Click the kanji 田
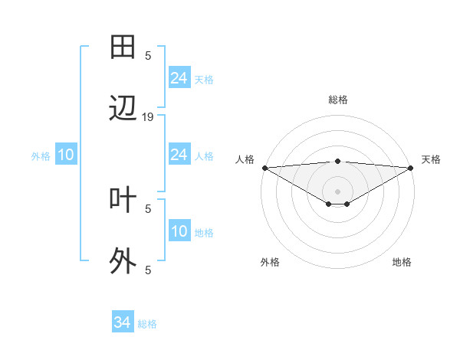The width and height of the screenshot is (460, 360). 123,47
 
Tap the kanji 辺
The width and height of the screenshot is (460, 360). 123,108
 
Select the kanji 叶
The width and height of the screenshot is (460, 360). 123,199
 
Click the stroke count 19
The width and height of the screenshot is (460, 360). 148,117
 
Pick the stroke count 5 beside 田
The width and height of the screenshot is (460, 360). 148,55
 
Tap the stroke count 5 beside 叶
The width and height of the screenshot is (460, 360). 148,208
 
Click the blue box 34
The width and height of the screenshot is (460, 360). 122,323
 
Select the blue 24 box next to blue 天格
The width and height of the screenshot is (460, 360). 179,78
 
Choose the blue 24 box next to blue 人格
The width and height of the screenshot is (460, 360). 179,155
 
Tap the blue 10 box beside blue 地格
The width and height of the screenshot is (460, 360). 179,232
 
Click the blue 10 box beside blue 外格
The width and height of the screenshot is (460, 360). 66,155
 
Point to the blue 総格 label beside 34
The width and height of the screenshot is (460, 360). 147,324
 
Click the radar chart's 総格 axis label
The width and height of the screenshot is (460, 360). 338,100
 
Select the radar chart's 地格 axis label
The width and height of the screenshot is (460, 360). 402,262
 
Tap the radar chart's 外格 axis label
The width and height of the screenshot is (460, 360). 270,262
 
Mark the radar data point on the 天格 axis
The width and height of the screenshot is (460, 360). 410,168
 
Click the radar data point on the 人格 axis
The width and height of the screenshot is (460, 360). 264,168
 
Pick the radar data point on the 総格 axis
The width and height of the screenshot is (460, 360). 337,161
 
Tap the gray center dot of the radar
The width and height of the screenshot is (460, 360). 337,191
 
